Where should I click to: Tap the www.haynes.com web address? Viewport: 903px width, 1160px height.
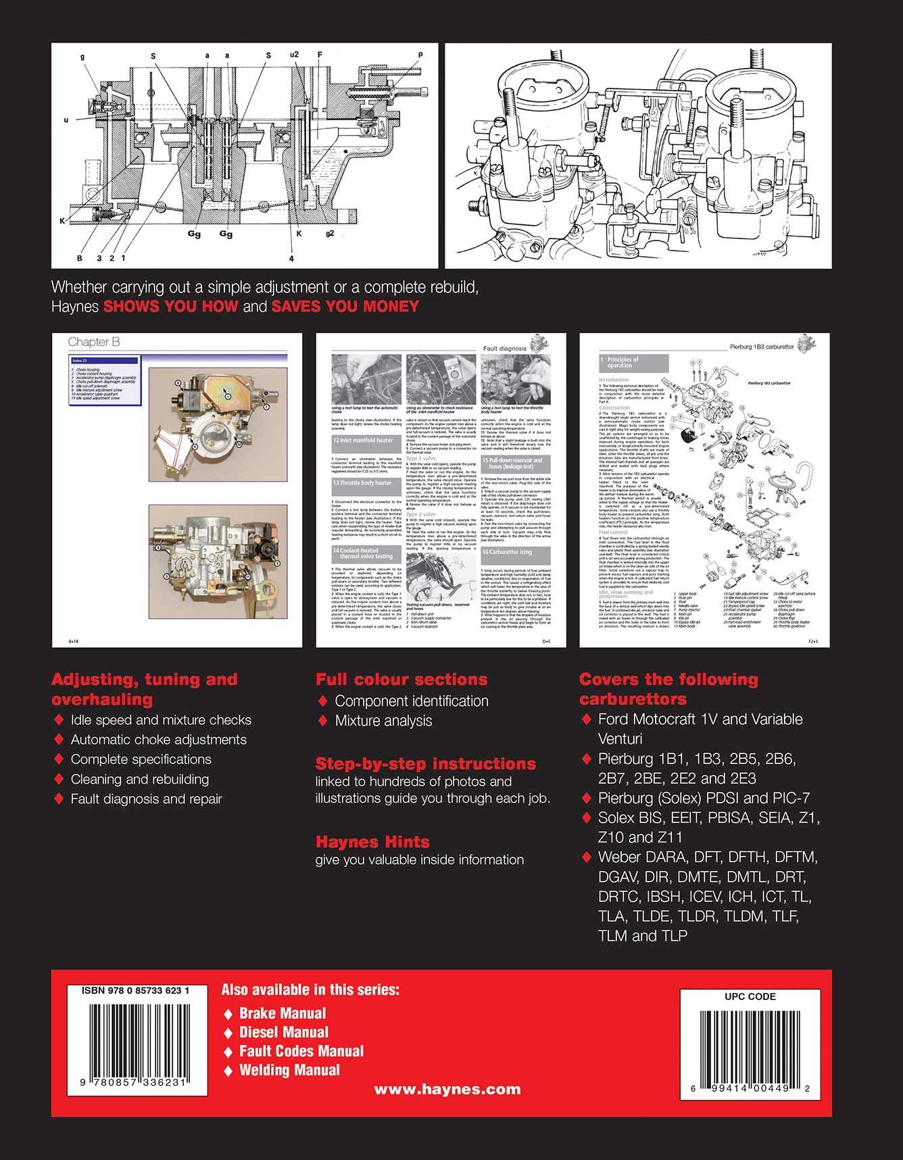[x=447, y=1089]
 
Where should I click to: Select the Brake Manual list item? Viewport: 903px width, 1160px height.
[x=282, y=1013]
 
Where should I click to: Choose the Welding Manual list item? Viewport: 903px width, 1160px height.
[x=289, y=1070]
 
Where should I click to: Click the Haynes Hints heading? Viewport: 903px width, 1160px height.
[x=372, y=842]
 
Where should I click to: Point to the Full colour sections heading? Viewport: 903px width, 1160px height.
[x=401, y=680]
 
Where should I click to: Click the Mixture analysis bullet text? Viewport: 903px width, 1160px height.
[x=383, y=721]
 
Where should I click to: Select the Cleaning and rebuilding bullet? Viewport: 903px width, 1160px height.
[x=139, y=779]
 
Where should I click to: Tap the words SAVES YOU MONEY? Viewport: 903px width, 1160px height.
[x=345, y=306]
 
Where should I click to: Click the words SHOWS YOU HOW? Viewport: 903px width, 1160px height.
[x=170, y=306]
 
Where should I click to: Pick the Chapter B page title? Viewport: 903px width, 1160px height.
[x=94, y=342]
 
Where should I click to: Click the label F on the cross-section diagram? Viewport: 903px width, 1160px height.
[x=320, y=54]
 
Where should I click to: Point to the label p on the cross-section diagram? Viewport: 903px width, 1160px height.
[x=420, y=55]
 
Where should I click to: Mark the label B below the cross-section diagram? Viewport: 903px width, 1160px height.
[x=79, y=257]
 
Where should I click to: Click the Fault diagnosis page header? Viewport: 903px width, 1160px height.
[x=504, y=349]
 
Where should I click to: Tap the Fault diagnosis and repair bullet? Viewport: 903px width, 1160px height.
[x=146, y=799]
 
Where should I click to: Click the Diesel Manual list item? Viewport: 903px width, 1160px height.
[x=283, y=1032]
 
